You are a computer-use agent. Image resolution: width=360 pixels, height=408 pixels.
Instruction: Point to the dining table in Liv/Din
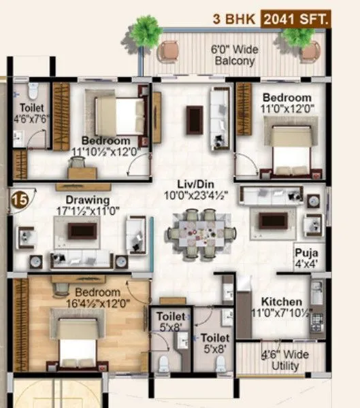pyautogui.click(x=201, y=233)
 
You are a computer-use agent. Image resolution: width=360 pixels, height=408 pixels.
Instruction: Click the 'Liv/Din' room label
pyautogui.click(x=193, y=183)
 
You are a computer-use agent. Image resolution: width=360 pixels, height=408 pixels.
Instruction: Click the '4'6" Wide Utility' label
pyautogui.click(x=285, y=360)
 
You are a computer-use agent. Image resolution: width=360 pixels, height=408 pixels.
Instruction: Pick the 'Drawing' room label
pyautogui.click(x=88, y=200)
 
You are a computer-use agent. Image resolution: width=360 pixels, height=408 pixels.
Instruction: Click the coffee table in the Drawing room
pyautogui.click(x=82, y=231)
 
